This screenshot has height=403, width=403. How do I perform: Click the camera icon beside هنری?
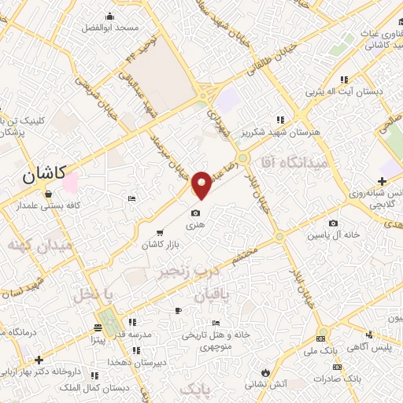pyautogui.click(x=195, y=213)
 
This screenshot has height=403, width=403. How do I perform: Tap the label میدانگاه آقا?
pyautogui.click(x=307, y=161)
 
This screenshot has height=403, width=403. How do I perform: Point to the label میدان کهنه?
pyautogui.click(x=39, y=246)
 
